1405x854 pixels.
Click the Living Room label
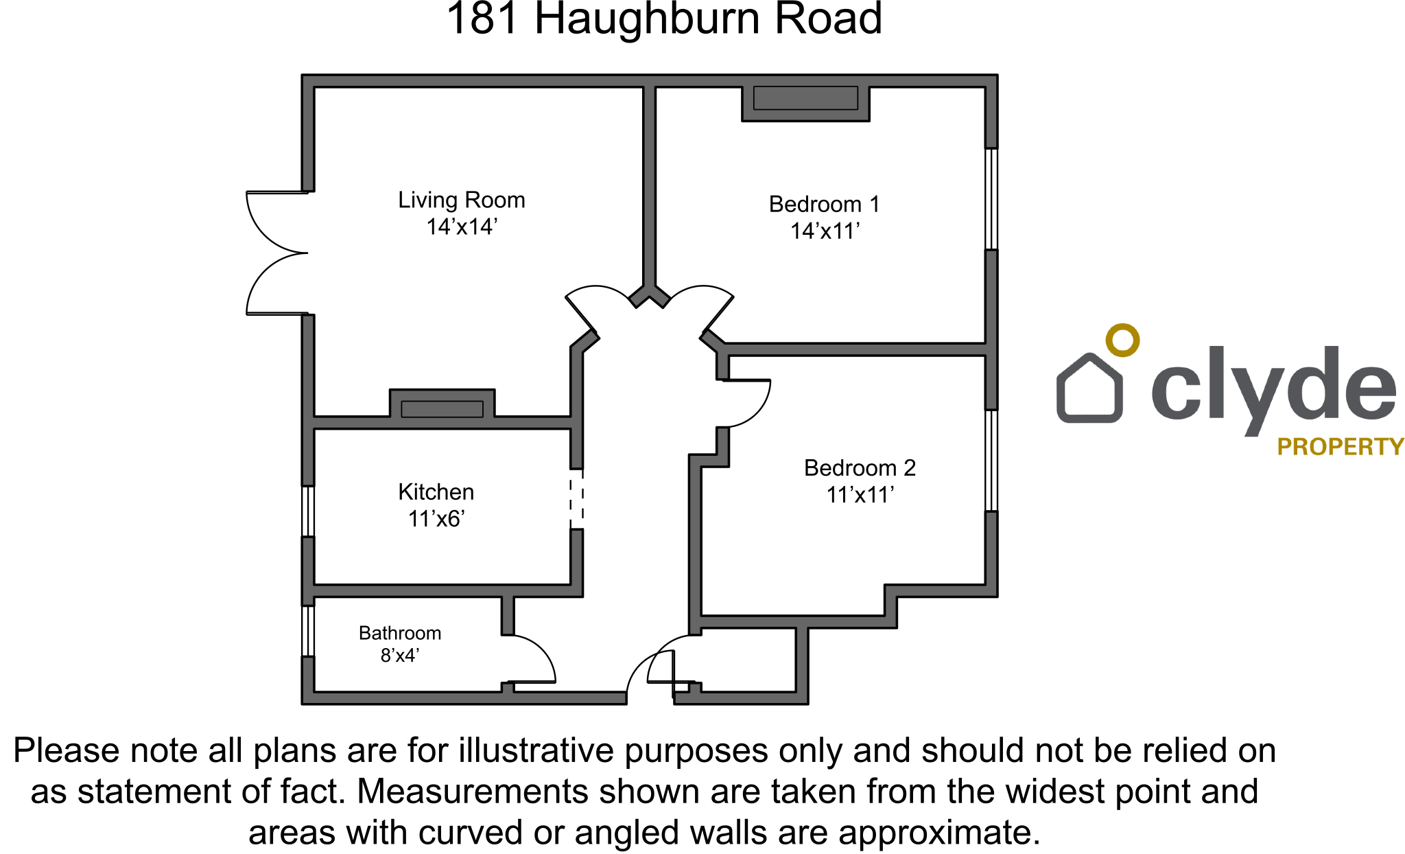(x=461, y=200)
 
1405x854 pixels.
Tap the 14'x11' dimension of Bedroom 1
(x=825, y=231)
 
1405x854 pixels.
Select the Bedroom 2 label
(x=860, y=468)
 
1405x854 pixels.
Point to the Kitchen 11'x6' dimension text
(x=436, y=519)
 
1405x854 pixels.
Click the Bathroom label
(x=399, y=633)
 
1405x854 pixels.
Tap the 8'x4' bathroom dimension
(x=399, y=656)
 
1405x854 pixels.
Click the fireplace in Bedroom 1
(x=805, y=99)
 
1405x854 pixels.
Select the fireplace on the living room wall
(x=442, y=408)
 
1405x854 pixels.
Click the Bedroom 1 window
(x=991, y=198)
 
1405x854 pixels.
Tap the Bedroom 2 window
(x=991, y=461)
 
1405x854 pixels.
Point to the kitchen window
(x=308, y=511)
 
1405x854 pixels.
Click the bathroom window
(x=308, y=631)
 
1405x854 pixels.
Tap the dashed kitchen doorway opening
(x=577, y=498)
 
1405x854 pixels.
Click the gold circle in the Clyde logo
(x=1122, y=340)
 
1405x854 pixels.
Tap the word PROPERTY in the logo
(x=1340, y=447)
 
